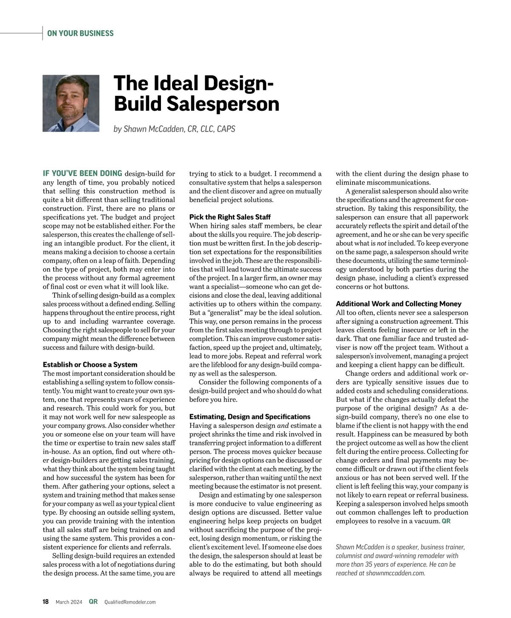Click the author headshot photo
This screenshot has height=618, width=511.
pos(71,104)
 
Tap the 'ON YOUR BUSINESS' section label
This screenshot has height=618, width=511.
pos(80,33)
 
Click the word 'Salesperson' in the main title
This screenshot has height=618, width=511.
pos(223,104)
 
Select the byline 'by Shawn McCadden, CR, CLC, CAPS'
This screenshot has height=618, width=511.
pos(174,129)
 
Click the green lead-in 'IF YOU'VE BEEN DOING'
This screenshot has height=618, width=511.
pos(82,173)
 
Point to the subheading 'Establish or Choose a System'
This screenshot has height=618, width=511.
pos(90,364)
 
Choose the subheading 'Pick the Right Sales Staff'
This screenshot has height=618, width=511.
pos(230,217)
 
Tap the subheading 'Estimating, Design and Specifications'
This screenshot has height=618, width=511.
pos(250,416)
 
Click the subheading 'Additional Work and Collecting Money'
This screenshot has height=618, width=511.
pos(399,303)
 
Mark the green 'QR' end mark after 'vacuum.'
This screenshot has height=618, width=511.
pos(446,521)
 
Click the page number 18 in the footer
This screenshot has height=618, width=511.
pos(46,602)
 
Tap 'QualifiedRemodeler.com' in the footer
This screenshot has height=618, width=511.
pos(130,602)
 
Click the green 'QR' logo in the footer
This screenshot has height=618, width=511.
pos(93,602)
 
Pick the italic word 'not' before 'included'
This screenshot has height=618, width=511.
pos(382,243)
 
